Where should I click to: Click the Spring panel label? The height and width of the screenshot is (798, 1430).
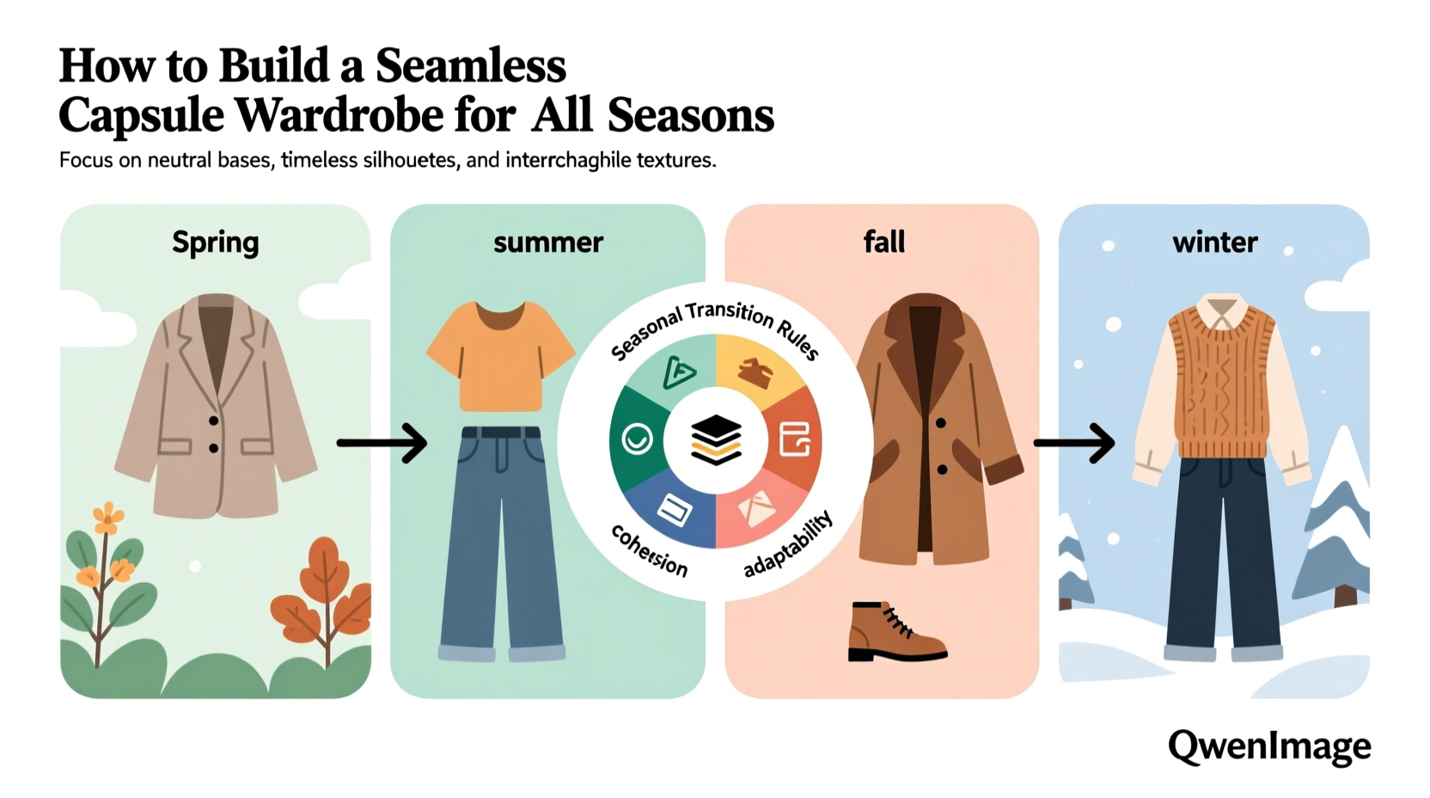pos(215,243)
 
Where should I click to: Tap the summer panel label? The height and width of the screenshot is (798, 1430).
pos(548,242)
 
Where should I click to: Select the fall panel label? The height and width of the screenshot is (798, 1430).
pos(883,242)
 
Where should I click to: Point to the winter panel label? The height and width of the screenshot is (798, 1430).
pos(1214,242)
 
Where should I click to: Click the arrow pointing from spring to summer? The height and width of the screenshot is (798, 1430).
pos(382,443)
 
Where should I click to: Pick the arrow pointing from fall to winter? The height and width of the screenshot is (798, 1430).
pos(1074,443)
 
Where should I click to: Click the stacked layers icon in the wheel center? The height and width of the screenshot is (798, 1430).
pos(716,439)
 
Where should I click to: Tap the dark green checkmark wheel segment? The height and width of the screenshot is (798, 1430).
pos(637,439)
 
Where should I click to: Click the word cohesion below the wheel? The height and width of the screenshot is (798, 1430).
pos(650,550)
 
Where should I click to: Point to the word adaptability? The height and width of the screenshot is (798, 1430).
pos(788,543)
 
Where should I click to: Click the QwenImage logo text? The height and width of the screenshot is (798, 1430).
pos(1268,746)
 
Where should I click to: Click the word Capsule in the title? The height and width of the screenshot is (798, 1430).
pos(142,115)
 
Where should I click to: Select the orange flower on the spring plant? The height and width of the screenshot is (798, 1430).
pos(108,518)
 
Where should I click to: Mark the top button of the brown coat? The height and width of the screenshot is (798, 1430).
pos(941,423)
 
